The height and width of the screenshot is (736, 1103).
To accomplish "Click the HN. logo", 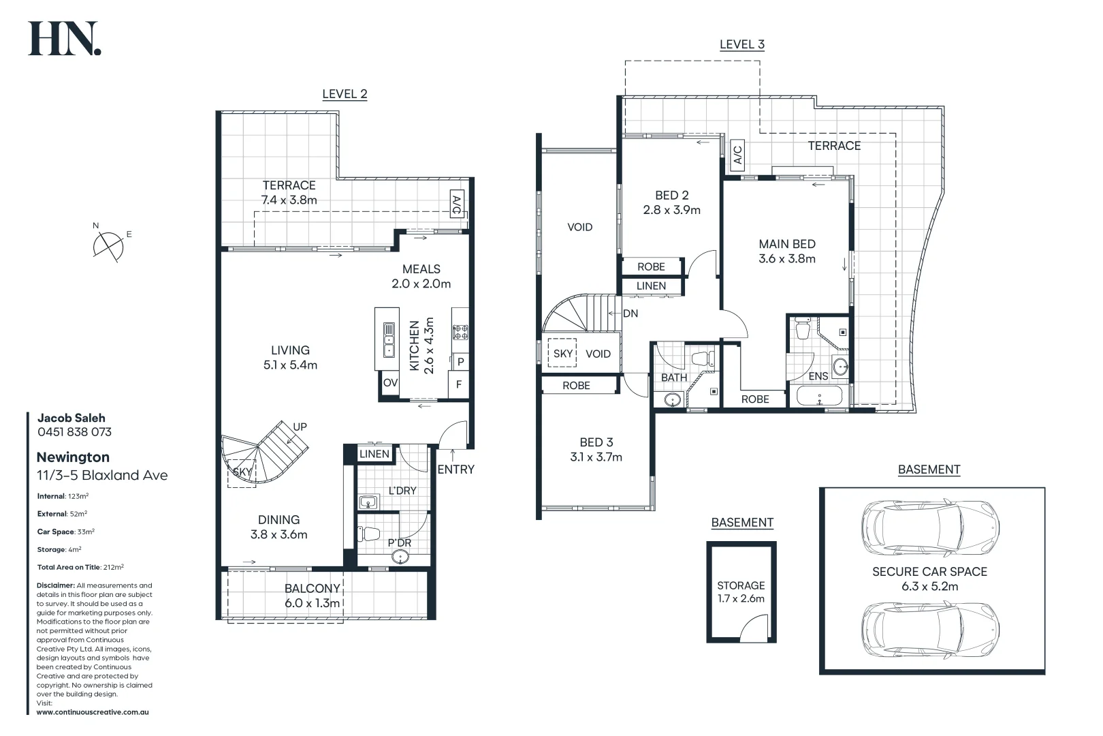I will (64, 39).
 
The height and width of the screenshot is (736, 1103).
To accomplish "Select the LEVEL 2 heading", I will (345, 94).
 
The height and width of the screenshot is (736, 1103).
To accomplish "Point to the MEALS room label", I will (421, 269).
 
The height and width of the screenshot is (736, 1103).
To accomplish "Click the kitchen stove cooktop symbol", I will (460, 333).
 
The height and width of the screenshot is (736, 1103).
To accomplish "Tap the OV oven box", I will (390, 383).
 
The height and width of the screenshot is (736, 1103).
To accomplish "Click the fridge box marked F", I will (459, 384).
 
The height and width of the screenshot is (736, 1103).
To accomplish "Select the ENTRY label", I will (455, 470).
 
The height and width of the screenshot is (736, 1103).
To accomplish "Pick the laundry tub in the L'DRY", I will (368, 503).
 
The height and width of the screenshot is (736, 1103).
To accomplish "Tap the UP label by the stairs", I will (300, 427).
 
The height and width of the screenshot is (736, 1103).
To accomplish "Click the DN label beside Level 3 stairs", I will (630, 313).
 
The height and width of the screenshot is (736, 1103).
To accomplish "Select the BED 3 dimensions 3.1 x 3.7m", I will (596, 457).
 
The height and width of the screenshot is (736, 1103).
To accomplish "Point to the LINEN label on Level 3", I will (651, 286).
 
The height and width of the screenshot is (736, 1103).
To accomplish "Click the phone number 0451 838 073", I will (74, 432).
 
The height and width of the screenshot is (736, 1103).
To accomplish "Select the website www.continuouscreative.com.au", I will (93, 712).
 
